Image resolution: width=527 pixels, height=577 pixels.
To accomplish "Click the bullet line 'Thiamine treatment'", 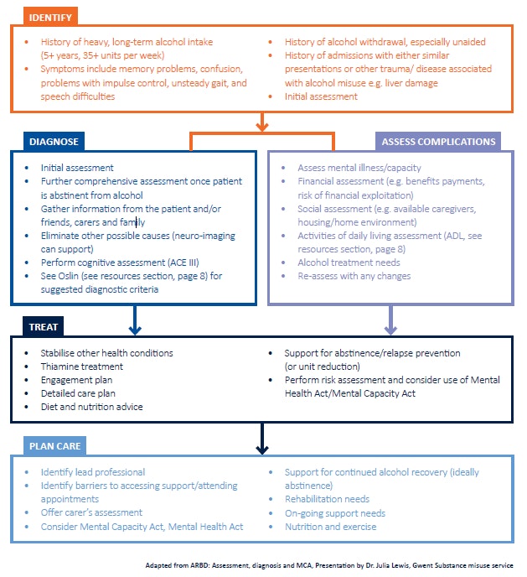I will pyautogui.click(x=81, y=366).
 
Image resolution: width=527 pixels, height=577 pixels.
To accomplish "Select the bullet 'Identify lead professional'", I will pyautogui.click(x=92, y=472).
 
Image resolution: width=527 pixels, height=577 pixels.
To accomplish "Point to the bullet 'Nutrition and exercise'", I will pyautogui.click(x=330, y=527).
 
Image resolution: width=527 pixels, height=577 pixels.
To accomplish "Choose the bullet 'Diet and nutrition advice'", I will pyautogui.click(x=91, y=407).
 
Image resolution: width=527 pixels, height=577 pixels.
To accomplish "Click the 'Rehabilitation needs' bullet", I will pyautogui.click(x=328, y=500).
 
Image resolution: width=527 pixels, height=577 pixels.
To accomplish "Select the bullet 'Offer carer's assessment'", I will pyautogui.click(x=91, y=512).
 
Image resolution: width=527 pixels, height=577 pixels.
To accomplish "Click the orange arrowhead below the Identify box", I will pyautogui.click(x=262, y=126).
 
